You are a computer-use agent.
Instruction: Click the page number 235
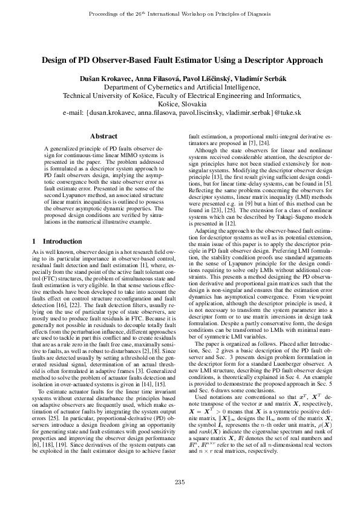pyautogui.click(x=180, y=481)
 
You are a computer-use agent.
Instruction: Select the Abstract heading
pyautogui.click(x=103, y=137)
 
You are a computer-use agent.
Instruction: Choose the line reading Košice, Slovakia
pyautogui.click(x=180, y=104)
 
